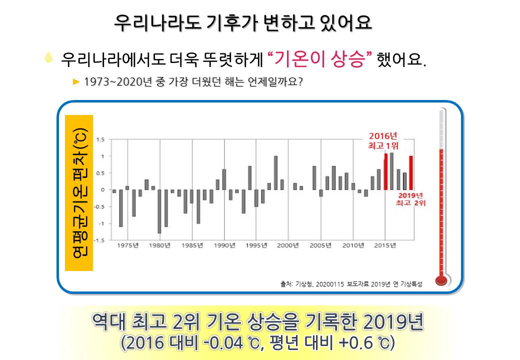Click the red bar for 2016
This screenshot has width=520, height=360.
tap(385, 171)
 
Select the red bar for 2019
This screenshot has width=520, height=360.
tap(411, 172)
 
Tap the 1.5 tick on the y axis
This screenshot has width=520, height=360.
tap(100, 139)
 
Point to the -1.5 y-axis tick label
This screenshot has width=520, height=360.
tap(99, 240)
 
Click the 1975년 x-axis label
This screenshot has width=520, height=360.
tap(127, 245)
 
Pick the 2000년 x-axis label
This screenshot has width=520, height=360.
tap(288, 245)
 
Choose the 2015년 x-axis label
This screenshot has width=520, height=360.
tap(385, 245)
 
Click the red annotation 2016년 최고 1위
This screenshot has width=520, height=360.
tap(383, 141)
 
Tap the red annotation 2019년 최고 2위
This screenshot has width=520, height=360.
tap(410, 199)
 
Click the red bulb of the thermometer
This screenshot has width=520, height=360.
tap(441, 280)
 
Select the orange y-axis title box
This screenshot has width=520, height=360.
tap(79, 193)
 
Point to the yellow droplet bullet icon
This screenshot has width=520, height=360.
tap(48, 57)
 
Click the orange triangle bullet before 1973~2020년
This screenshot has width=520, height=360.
tap(76, 81)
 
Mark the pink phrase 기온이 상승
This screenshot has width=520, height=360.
tap(319, 59)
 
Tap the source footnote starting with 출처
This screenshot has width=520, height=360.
tap(351, 284)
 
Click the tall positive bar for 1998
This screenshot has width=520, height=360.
tap(275, 172)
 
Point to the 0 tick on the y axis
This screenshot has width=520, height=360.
tap(103, 190)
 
